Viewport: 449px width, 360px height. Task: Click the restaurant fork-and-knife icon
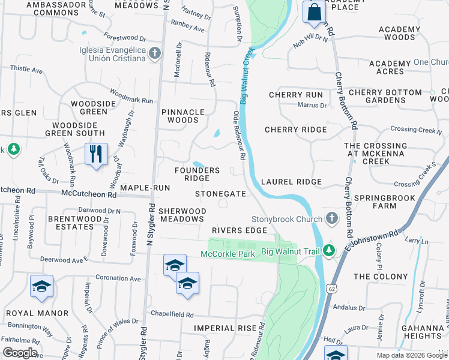pyautogui.click(x=96, y=155)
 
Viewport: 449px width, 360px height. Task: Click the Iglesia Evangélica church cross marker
pyautogui.click(x=155, y=53)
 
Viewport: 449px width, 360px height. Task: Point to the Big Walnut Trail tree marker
pyautogui.click(x=328, y=250)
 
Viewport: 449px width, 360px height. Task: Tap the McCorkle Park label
pyautogui.click(x=228, y=254)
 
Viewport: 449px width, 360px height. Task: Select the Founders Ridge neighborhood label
pyautogui.click(x=197, y=174)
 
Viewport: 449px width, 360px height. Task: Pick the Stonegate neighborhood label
pyautogui.click(x=221, y=194)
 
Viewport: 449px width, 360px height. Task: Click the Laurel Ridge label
pyautogui.click(x=292, y=182)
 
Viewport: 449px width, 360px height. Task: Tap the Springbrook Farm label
pyautogui.click(x=384, y=202)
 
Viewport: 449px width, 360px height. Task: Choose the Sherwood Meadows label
pyautogui.click(x=182, y=215)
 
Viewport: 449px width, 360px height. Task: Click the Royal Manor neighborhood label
pyautogui.click(x=37, y=313)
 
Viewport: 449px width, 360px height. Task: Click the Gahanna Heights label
pyautogui.click(x=423, y=332)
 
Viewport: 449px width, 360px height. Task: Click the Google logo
pyautogui.click(x=20, y=353)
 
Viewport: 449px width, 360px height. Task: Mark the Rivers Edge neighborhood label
pyautogui.click(x=239, y=230)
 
